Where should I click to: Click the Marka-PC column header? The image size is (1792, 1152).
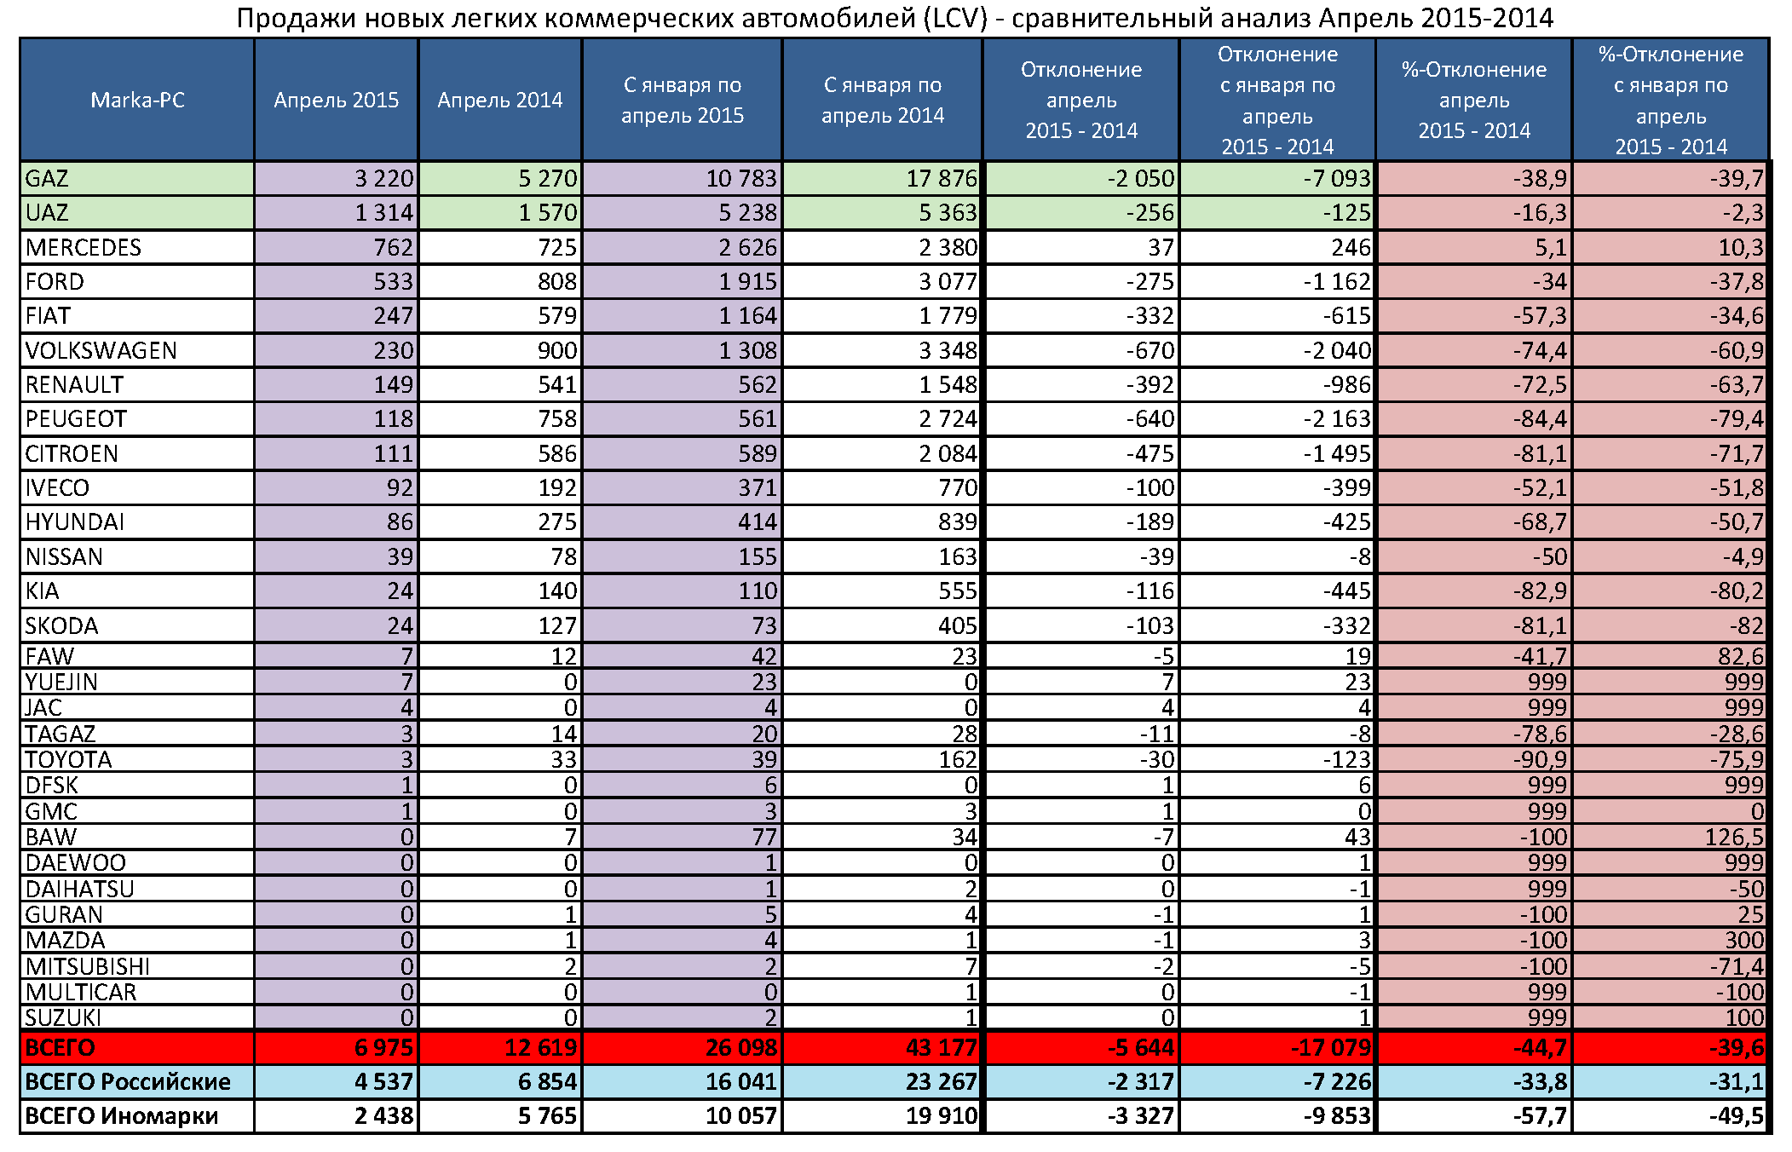pos(137,101)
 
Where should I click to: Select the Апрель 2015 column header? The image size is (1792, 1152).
pos(336,101)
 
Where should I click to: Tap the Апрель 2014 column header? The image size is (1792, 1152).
pos(499,101)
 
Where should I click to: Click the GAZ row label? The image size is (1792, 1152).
pos(47,179)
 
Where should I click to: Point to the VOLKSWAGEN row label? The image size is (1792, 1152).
pos(101,351)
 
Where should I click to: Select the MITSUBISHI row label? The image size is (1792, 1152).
pos(87,966)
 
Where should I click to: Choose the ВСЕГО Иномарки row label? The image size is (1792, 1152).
pos(121,1116)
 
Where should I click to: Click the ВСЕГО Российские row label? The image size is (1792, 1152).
pos(128,1082)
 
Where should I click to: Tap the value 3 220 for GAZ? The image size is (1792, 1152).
pos(383,179)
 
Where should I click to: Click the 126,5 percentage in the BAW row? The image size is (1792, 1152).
pos(1733,838)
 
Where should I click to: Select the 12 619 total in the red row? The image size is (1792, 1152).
pos(540,1047)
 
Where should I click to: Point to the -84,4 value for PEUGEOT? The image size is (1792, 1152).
pos(1539,419)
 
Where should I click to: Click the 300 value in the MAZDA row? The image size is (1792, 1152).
pos(1743,941)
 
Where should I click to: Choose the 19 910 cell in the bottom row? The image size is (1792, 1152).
pos(941,1116)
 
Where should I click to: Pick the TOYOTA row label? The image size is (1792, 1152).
pos(68,760)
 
